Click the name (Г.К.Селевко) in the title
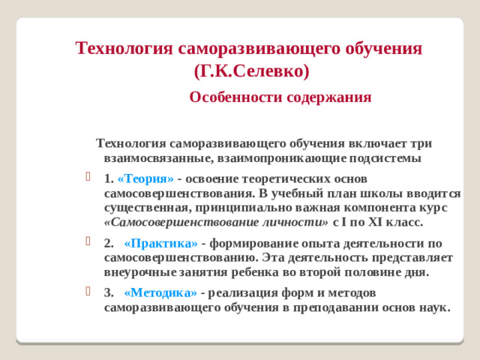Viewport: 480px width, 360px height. point(250,72)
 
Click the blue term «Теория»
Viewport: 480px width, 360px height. point(145,178)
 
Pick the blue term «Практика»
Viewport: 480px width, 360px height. point(160,243)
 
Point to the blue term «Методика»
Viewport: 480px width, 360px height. point(160,292)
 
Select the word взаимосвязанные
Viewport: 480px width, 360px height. point(155,158)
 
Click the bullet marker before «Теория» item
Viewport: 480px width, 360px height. point(89,178)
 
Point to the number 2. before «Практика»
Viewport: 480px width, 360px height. point(109,243)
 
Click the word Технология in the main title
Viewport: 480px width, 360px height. point(124,49)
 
